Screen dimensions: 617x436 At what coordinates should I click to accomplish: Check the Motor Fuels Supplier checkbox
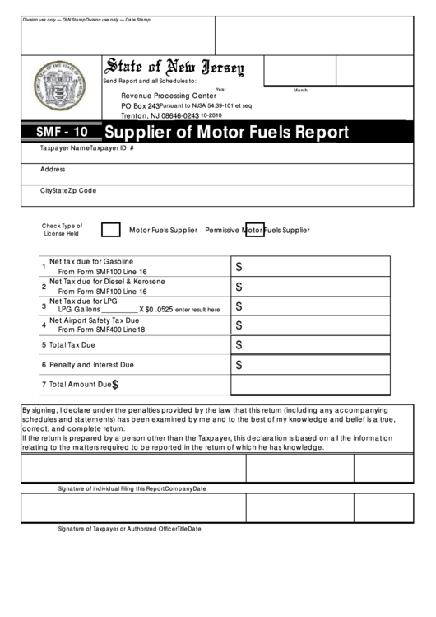[110, 230]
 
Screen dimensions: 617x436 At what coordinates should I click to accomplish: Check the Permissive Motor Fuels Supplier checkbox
[255, 230]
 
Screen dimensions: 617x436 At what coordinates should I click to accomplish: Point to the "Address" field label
[53, 169]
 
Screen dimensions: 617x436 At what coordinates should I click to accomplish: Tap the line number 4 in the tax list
[44, 325]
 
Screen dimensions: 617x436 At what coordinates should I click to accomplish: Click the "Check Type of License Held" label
[63, 229]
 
